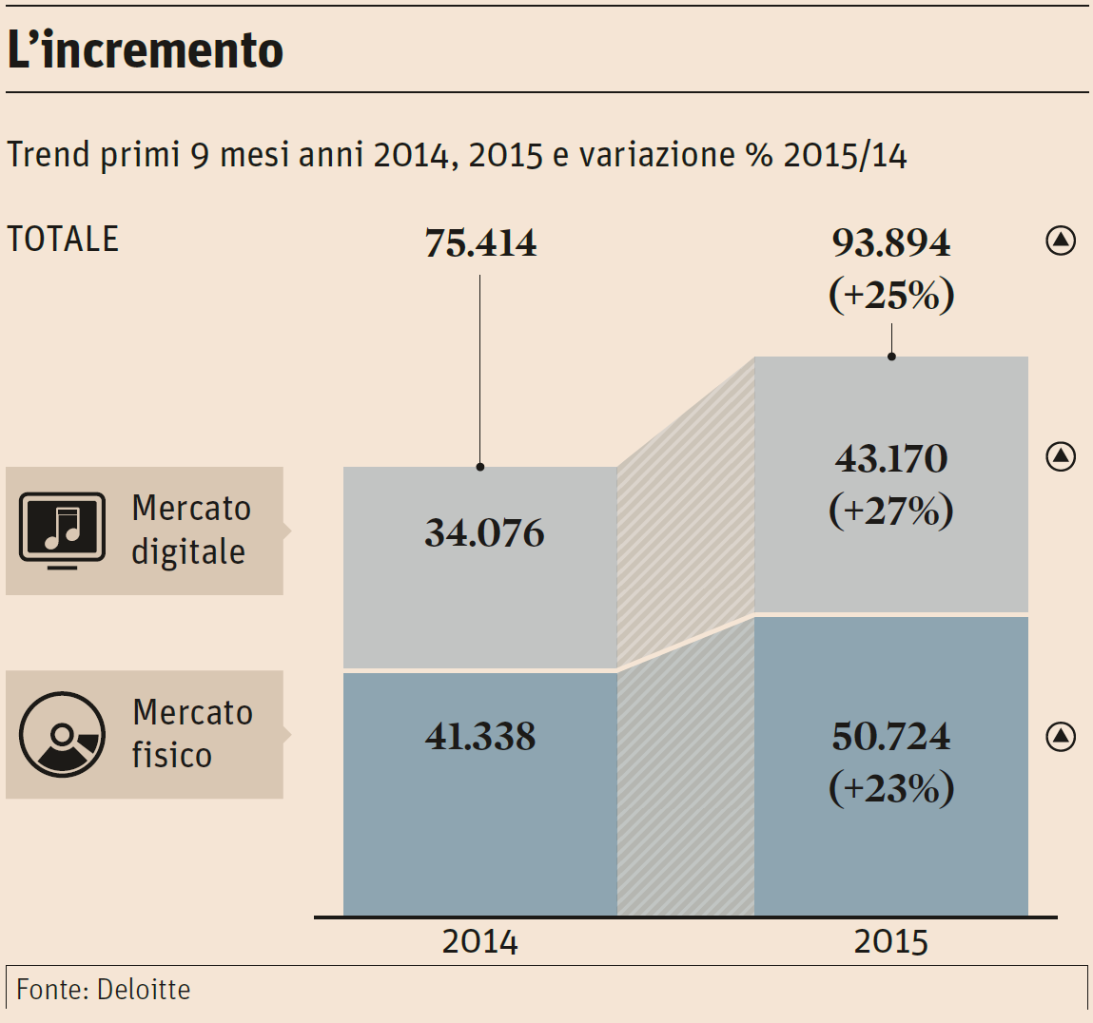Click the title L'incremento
pos(146,49)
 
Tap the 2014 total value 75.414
pos(480,243)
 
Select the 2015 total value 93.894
pos(891,243)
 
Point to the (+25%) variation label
pos(891,295)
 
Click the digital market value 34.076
pos(484,533)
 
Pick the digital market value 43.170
pos(891,459)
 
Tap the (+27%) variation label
pos(891,511)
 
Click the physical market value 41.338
pos(480,737)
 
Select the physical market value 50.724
pos(891,737)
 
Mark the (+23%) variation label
pos(891,788)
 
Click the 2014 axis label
pos(480,942)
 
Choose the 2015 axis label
pos(891,942)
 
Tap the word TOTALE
pos(63,239)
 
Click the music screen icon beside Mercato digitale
pos(63,531)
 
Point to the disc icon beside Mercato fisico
pos(63,734)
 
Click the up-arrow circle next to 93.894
pos(1061,241)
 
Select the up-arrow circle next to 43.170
pos(1061,457)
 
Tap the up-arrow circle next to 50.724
pos(1061,736)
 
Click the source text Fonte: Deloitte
pos(104,990)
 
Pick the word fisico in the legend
pos(171,755)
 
